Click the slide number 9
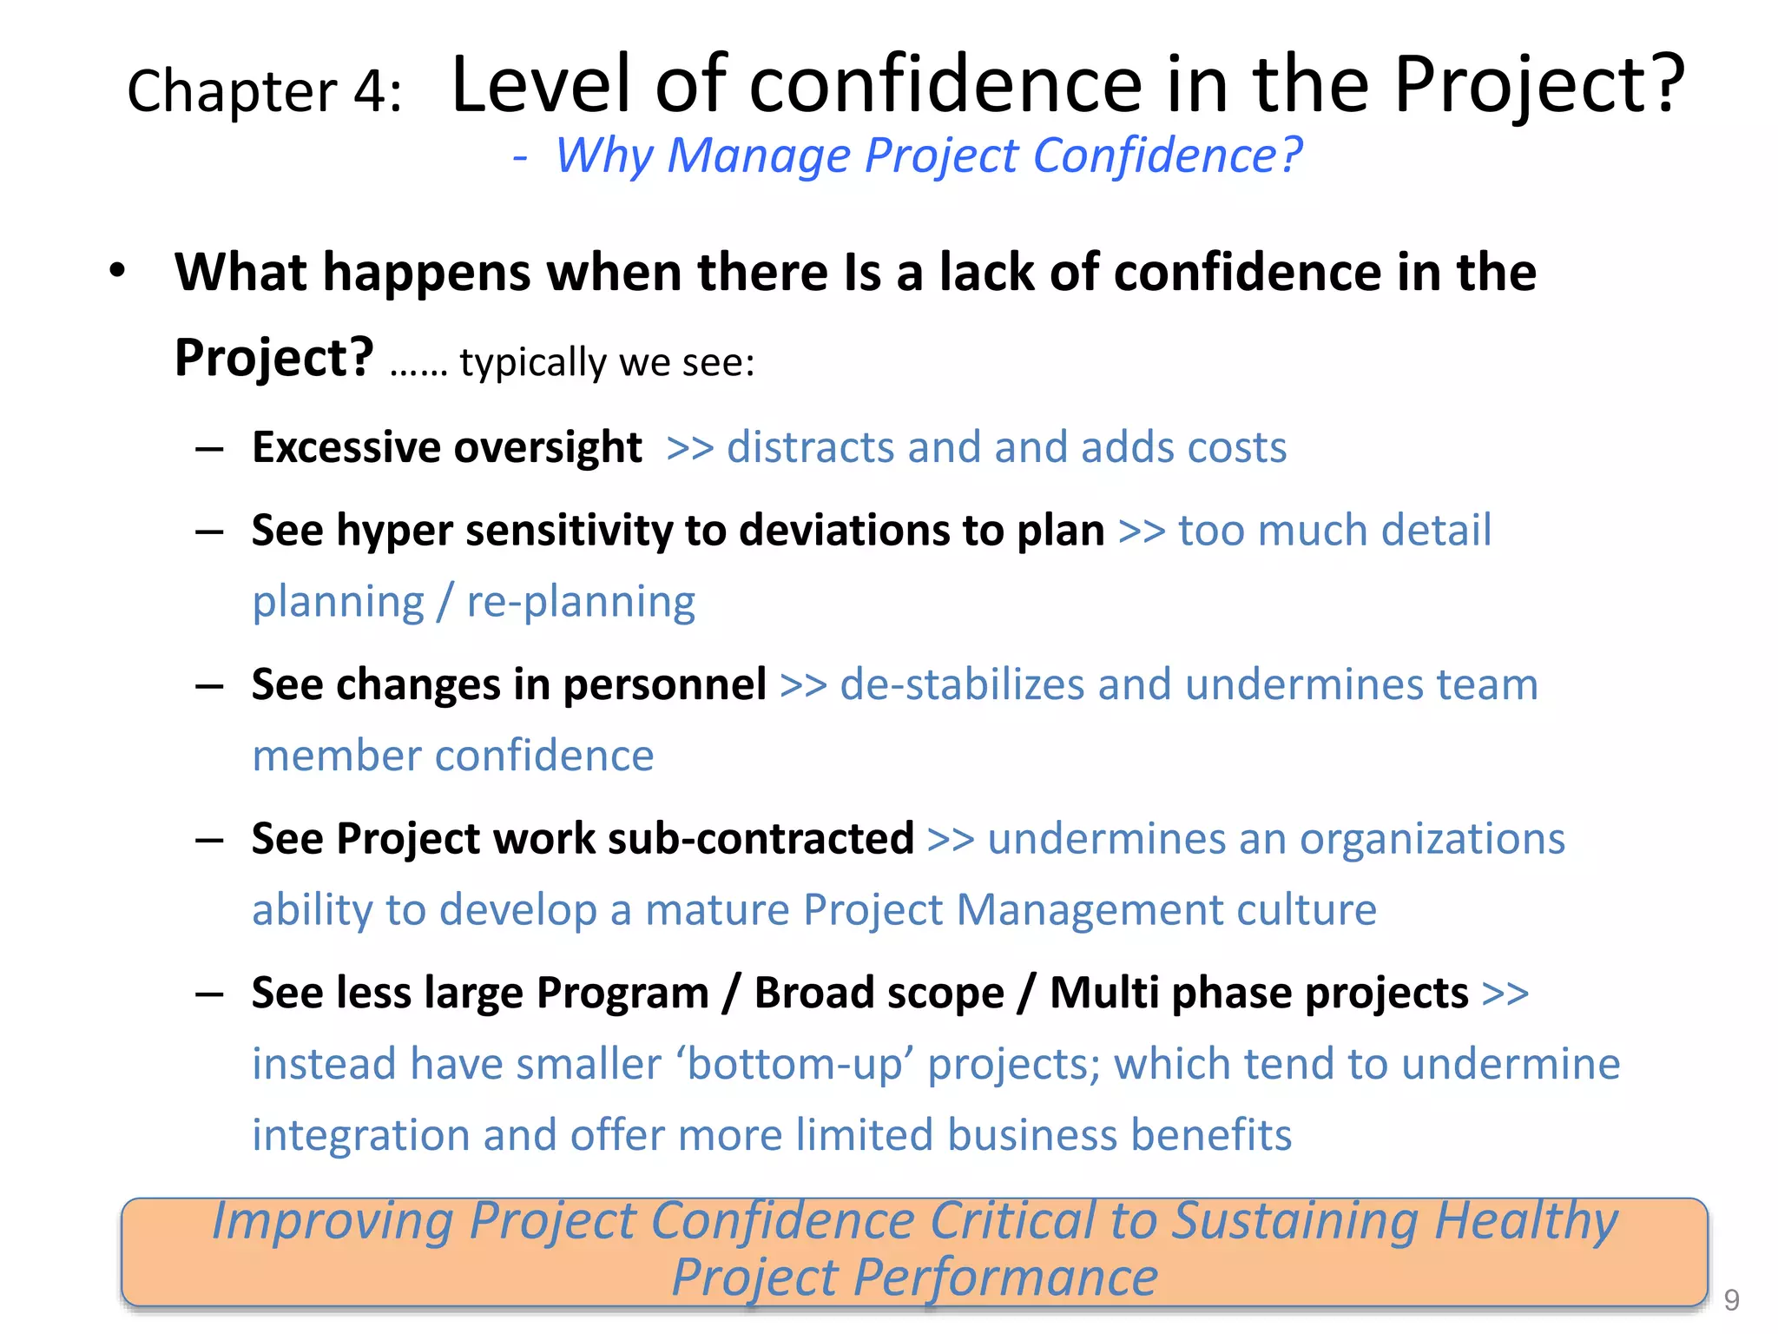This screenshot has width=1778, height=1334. (1731, 1300)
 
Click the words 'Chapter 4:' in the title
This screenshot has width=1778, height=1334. (265, 91)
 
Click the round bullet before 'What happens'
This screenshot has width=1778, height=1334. (118, 271)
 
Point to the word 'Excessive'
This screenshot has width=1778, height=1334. (346, 448)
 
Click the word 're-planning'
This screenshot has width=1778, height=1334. (581, 603)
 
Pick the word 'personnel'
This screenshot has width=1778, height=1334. (664, 684)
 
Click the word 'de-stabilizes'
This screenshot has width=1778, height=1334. (962, 684)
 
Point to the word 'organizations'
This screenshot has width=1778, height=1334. (1432, 839)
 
